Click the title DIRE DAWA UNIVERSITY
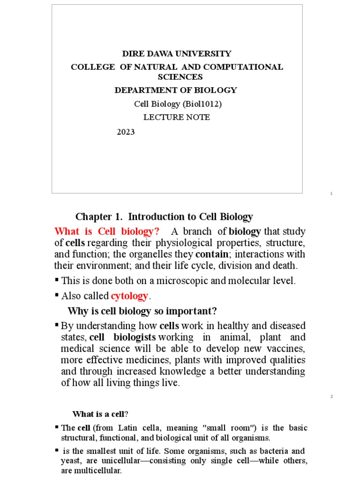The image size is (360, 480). [177, 53]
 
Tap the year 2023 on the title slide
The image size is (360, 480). [126, 132]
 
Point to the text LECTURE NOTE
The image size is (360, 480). [177, 117]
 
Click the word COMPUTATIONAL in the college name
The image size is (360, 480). [247, 67]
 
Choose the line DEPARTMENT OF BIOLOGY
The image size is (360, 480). [176, 90]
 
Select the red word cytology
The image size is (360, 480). [129, 296]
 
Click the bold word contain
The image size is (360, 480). [211, 254]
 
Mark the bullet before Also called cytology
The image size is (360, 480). [57, 295]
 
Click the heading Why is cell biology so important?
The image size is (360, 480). [142, 311]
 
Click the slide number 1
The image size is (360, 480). [331, 194]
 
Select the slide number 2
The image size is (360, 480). [331, 397]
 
